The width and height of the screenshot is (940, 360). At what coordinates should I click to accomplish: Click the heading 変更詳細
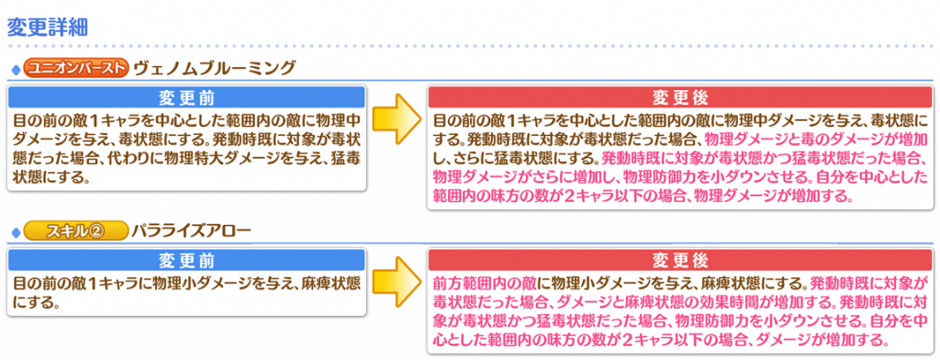tap(48, 28)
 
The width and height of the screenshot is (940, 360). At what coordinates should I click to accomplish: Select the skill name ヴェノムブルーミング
tap(215, 68)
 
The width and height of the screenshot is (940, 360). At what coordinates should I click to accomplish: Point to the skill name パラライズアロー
tap(191, 231)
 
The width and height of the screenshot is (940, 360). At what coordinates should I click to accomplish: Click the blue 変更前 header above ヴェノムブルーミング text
tap(186, 97)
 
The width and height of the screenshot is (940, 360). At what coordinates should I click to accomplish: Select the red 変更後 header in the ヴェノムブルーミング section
tap(680, 97)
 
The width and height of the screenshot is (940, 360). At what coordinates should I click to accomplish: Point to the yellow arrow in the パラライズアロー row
tap(395, 285)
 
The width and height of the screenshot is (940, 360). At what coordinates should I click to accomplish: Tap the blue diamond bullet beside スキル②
tap(15, 232)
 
